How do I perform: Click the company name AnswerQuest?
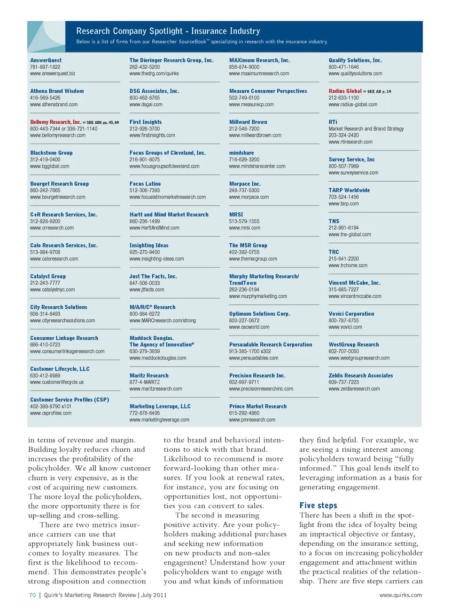pyautogui.click(x=46, y=60)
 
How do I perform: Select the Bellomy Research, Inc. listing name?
pyautogui.click(x=55, y=122)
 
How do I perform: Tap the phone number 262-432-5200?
pyautogui.click(x=144, y=67)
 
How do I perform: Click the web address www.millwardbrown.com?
pyautogui.click(x=255, y=136)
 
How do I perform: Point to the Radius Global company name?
pyautogui.click(x=345, y=91)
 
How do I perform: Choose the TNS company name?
pyautogui.click(x=334, y=221)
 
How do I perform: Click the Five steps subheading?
pyautogui.click(x=318, y=505)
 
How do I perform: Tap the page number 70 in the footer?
pyautogui.click(x=32, y=595)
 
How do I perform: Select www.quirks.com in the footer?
pyautogui.click(x=400, y=595)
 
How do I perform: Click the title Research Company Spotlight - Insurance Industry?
pyautogui.click(x=168, y=31)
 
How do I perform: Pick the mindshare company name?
pyautogui.click(x=241, y=153)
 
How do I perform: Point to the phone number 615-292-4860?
pyautogui.click(x=244, y=413)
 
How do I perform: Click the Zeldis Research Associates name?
pyautogui.click(x=360, y=375)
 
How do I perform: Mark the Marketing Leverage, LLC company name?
pyautogui.click(x=160, y=407)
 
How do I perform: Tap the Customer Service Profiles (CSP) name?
pyautogui.click(x=70, y=400)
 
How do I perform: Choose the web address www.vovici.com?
pyautogui.click(x=345, y=327)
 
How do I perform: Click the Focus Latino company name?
pyautogui.click(x=145, y=184)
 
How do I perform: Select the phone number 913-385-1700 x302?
pyautogui.click(x=249, y=351)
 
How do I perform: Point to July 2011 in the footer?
pyautogui.click(x=154, y=595)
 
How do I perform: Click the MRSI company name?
pyautogui.click(x=236, y=215)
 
